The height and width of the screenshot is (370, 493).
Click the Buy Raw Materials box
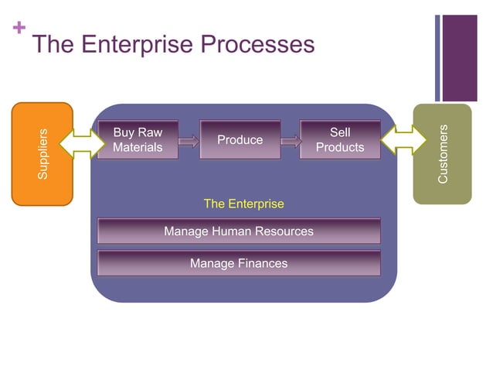[138, 140]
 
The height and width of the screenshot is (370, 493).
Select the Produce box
[240, 140]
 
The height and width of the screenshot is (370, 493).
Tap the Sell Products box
[340, 140]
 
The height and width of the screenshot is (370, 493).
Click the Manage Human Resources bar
[239, 231]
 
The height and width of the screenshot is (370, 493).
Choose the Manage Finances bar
[239, 263]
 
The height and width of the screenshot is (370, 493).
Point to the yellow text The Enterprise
[243, 204]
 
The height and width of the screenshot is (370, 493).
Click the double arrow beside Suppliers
[81, 141]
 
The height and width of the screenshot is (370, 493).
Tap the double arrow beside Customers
[403, 141]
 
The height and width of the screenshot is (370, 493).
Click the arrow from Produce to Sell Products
[291, 141]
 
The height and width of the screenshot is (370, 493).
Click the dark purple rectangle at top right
[460, 57]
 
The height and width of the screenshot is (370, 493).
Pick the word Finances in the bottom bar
[262, 263]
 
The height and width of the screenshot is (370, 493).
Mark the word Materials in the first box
[138, 147]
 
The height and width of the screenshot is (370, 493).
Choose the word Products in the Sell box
[340, 147]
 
